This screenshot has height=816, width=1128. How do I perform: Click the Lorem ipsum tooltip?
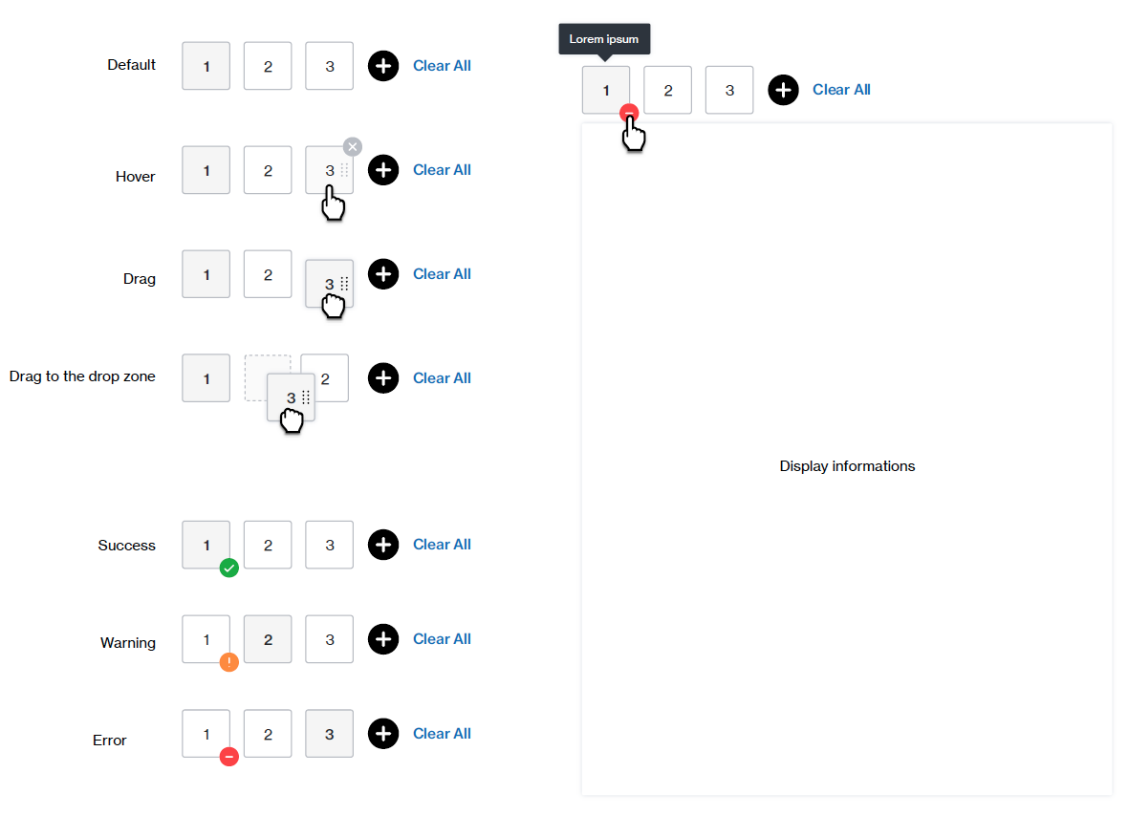coord(604,39)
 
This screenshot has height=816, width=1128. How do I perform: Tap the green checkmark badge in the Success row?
coord(228,568)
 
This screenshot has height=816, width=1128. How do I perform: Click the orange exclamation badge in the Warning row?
coord(228,662)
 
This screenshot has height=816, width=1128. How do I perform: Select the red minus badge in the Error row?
coord(228,757)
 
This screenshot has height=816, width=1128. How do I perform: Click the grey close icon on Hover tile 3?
coord(353,146)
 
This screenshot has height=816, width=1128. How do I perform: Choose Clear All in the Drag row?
coord(442,274)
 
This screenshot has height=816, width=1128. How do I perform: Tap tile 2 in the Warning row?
coord(268,639)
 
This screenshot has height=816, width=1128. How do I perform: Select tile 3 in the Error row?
coord(330,734)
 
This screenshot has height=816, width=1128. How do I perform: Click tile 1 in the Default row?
coord(206,66)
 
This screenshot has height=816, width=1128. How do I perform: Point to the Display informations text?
coord(848,466)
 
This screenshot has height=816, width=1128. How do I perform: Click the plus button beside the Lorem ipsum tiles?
coord(784,90)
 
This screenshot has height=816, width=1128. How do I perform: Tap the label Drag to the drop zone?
coord(82,376)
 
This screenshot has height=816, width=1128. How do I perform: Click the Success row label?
coord(126,545)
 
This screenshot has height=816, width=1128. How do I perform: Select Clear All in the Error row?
coord(442,733)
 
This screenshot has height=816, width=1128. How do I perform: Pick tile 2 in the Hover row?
coord(268,170)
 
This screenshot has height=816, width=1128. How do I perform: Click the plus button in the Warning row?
coord(383,639)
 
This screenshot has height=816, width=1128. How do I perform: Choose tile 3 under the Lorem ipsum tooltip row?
coord(729,90)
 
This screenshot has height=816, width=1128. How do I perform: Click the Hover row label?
coord(135,176)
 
